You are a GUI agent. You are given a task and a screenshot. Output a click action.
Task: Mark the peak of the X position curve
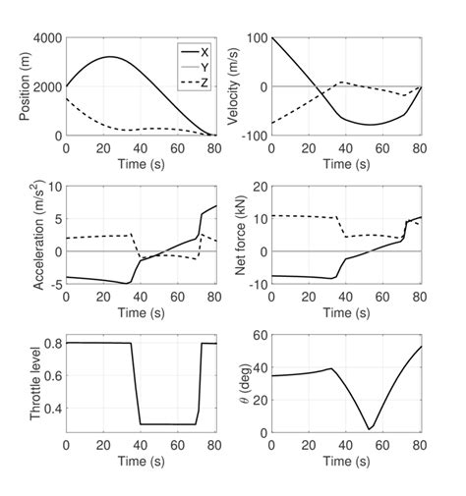point(109,57)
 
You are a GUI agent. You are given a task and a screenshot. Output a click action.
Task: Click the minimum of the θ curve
point(370,428)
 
